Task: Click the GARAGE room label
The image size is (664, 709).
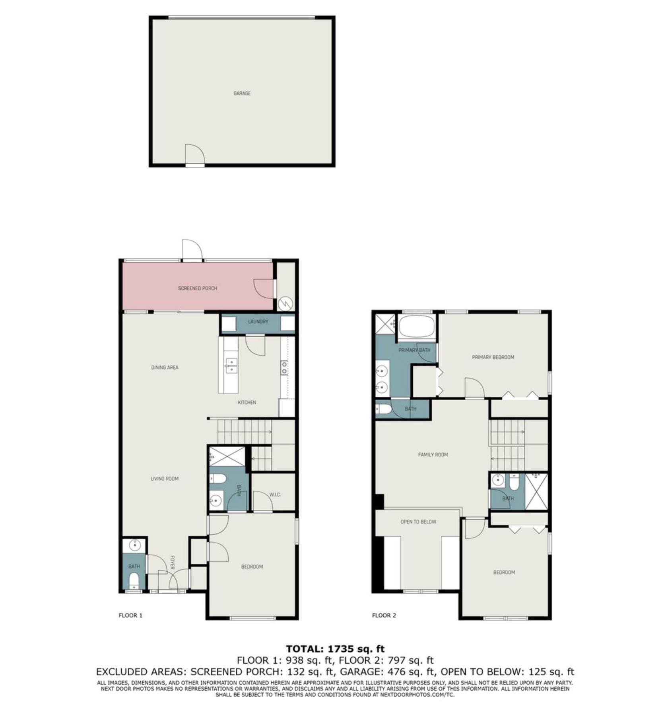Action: [242, 93]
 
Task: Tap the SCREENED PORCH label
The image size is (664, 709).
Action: [198, 288]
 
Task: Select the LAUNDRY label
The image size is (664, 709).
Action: [258, 321]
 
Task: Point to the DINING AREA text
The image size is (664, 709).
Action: [165, 368]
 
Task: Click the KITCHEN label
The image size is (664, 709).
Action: [247, 403]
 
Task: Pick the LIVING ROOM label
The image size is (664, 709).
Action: [165, 479]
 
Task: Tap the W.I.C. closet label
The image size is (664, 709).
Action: [275, 495]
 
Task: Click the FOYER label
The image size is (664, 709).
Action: [173, 563]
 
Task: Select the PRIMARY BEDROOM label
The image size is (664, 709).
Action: [493, 357]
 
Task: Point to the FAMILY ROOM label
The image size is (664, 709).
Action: [433, 455]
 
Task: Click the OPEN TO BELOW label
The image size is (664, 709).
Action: [418, 522]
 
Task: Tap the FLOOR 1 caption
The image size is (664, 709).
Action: [130, 616]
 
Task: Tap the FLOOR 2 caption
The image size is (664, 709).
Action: [384, 616]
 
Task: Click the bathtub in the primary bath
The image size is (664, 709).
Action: [417, 327]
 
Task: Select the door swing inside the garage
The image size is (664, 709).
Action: [195, 154]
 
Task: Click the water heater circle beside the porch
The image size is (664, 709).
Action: [285, 304]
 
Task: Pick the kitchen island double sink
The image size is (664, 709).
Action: [231, 365]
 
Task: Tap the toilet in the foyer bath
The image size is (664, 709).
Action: [134, 580]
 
